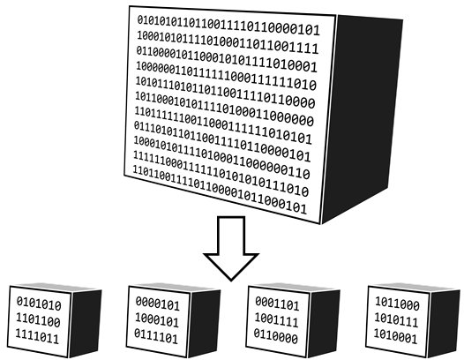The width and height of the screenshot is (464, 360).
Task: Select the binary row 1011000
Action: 396,302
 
